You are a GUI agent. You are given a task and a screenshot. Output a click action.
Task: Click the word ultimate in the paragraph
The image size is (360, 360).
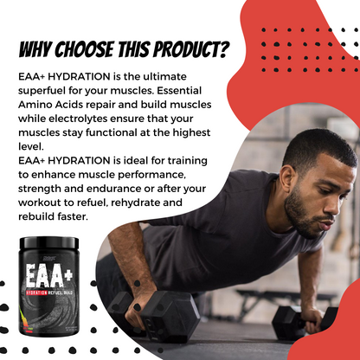[x=165, y=76]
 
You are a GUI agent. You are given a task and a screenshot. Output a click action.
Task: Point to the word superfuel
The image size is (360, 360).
[x=42, y=91]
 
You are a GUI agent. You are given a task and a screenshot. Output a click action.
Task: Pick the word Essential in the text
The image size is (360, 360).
[x=179, y=91]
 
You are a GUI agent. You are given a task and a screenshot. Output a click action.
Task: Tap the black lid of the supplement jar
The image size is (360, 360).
[x=49, y=242]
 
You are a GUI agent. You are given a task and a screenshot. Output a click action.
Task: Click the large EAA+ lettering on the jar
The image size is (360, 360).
[x=48, y=275]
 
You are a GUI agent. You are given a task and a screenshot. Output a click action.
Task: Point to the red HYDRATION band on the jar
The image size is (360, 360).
[x=36, y=292]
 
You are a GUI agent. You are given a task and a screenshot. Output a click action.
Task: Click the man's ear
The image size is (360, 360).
[x=286, y=179]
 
